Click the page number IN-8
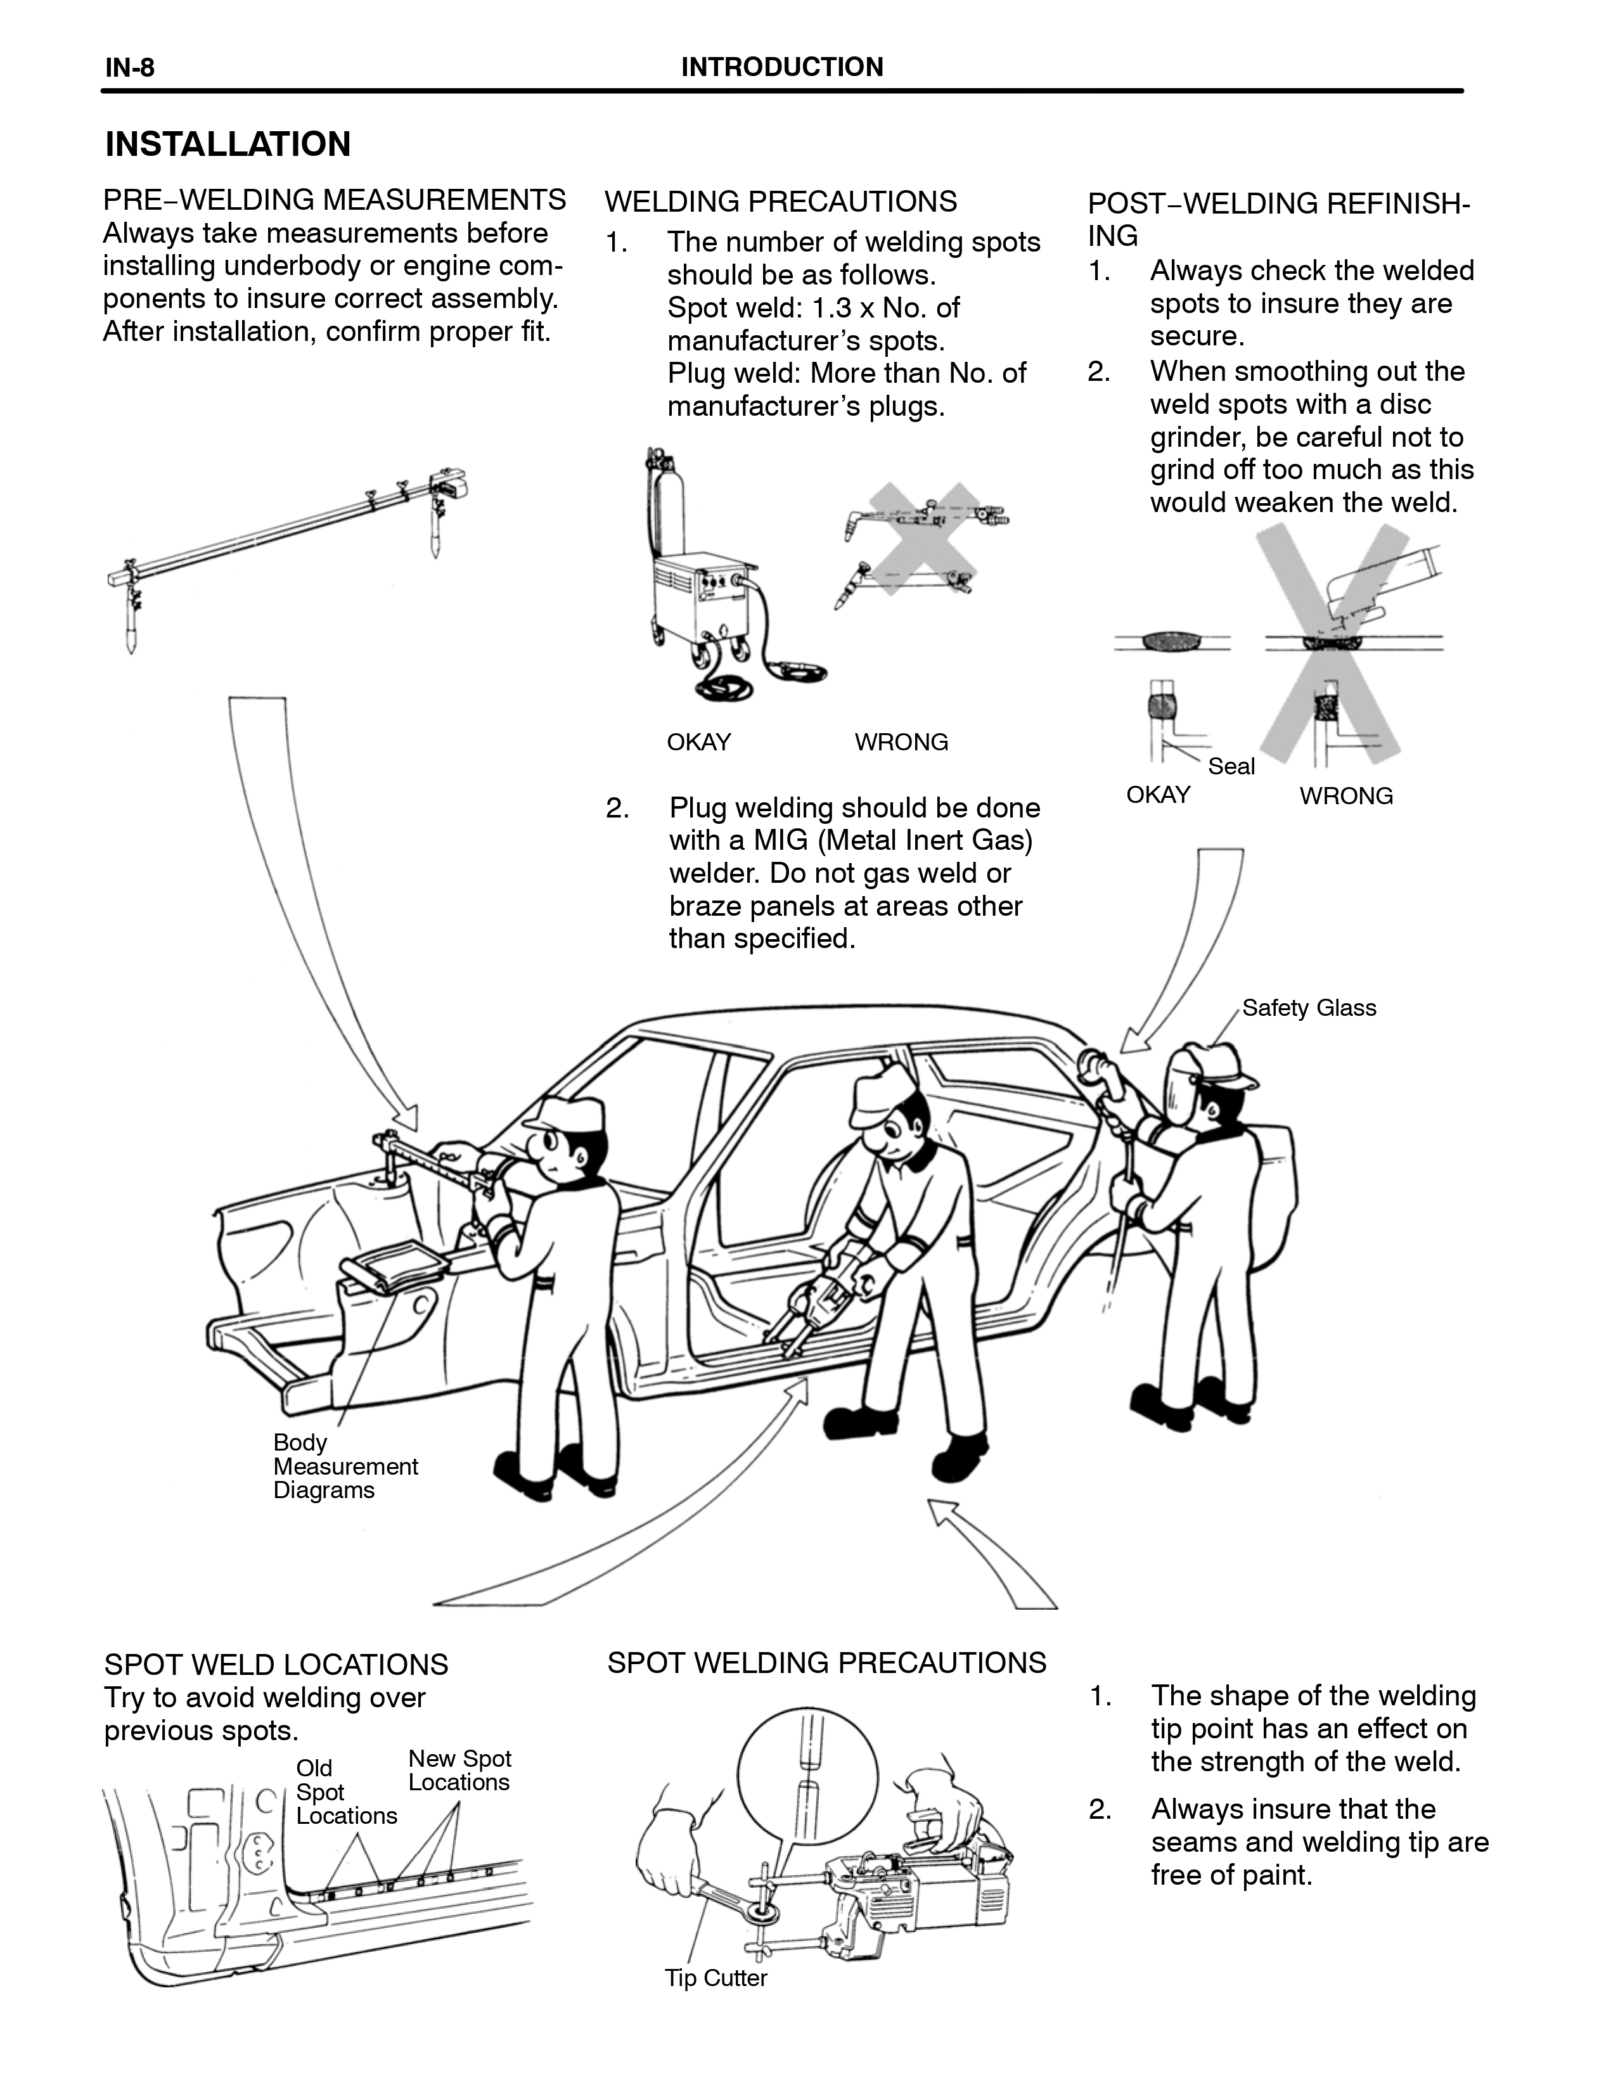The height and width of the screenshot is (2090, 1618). (x=129, y=67)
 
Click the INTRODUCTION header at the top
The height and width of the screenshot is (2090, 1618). (x=781, y=67)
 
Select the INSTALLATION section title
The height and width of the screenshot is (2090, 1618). (x=228, y=144)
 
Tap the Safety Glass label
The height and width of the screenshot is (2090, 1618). (x=1309, y=1008)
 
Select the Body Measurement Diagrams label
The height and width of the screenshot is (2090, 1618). (x=345, y=1466)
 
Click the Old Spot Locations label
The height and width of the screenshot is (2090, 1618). (x=347, y=1792)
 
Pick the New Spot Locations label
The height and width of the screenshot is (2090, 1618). (x=460, y=1771)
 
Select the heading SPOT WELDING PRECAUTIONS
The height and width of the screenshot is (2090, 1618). (x=826, y=1662)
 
